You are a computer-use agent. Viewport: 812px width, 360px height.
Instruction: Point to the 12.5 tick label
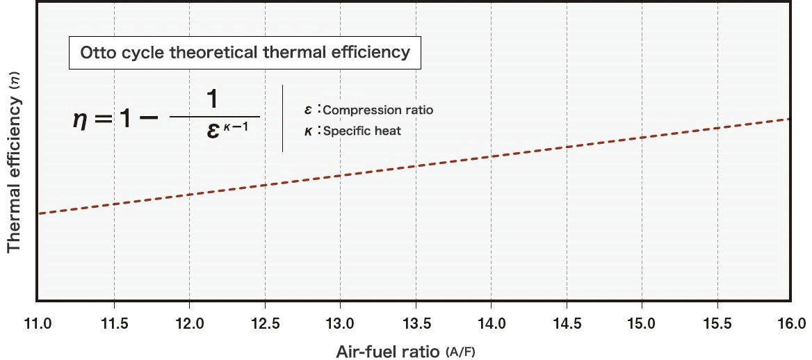pos(264,324)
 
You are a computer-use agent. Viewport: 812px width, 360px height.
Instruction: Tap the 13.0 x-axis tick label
pos(339,324)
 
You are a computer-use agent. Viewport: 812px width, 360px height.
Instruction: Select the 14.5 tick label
pos(566,324)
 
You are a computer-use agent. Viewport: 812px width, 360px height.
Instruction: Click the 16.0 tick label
pos(791,324)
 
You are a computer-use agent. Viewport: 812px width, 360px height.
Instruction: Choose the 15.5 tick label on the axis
pos(717,324)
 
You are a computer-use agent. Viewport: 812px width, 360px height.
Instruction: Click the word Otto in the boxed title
pos(97,53)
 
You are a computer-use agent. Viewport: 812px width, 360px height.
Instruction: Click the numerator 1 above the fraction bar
pos(213,100)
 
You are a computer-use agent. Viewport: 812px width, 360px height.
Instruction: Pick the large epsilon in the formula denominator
pos(214,133)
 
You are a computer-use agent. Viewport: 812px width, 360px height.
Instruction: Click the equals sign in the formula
pos(104,118)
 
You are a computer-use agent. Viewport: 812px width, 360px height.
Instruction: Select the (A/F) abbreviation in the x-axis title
pos(460,352)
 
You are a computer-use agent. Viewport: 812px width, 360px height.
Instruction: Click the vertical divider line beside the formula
pos(282,118)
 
